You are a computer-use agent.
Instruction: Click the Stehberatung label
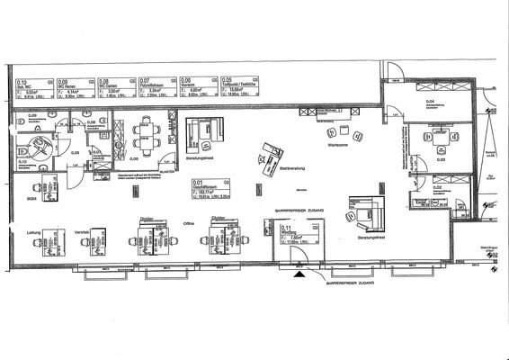pyautogui.click(x=294, y=167)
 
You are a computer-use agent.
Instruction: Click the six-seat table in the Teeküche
pyautogui.click(x=145, y=135)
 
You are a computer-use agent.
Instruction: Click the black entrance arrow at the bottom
pyautogui.click(x=298, y=277)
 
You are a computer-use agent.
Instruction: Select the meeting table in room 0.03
pyautogui.click(x=440, y=139)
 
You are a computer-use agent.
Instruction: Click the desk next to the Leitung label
pyautogui.click(x=49, y=247)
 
